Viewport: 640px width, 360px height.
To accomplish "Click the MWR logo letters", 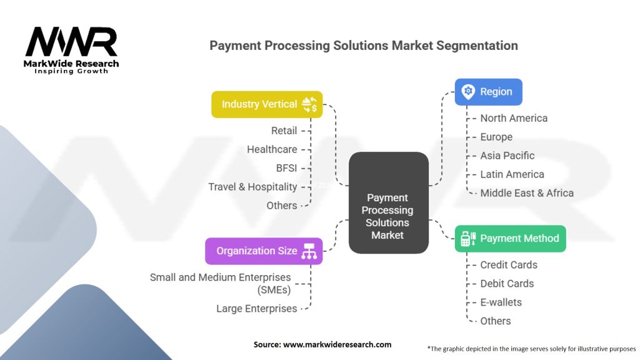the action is [x=71, y=42].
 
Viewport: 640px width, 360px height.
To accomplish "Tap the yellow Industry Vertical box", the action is [x=267, y=104].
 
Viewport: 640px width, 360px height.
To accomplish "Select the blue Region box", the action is [x=489, y=92].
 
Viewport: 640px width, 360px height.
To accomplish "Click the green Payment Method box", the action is [x=510, y=238].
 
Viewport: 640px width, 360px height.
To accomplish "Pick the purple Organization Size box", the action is [x=264, y=251].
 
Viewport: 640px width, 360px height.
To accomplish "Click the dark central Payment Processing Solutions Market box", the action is [x=389, y=202].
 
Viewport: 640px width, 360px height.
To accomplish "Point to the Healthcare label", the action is [x=272, y=149].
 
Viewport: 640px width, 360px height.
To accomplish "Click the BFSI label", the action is [x=286, y=168].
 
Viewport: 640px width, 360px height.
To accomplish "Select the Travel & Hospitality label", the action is [x=252, y=187].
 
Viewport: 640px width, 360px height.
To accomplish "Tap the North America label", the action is [x=514, y=118].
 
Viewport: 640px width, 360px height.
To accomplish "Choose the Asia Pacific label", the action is [x=507, y=156].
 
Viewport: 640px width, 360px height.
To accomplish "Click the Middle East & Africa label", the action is [x=527, y=193].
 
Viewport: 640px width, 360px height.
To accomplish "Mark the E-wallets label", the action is [x=501, y=302].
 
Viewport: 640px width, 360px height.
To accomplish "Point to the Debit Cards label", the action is [x=507, y=284].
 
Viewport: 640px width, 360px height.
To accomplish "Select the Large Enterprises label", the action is [x=257, y=309].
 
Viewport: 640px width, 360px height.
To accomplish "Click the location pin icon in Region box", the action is [x=468, y=91].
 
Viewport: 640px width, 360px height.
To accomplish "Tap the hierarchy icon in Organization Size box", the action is [x=309, y=251].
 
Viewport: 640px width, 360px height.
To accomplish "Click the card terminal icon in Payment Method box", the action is [x=468, y=238].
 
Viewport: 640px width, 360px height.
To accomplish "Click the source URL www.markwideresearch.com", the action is [x=337, y=344].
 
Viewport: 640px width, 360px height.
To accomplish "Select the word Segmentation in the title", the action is [x=477, y=46].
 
